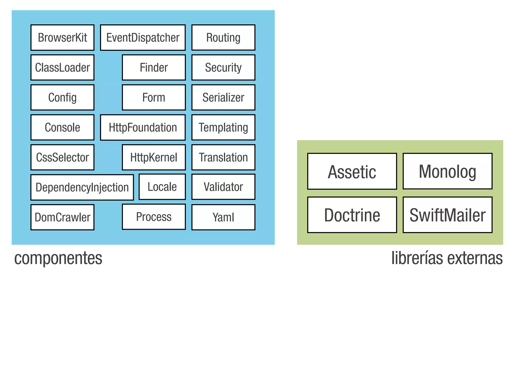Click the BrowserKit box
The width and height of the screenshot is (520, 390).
coord(62,38)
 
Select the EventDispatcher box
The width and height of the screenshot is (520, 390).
coord(143,38)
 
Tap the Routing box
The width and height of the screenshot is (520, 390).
coord(223,38)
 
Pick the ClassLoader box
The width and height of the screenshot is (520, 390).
coord(62,68)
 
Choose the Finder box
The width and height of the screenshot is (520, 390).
coord(154,68)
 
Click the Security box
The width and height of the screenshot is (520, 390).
coord(223,68)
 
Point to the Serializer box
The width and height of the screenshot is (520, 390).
coord(223,97)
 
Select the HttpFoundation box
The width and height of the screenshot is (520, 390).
coord(143,127)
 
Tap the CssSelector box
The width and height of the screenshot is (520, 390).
coord(62,157)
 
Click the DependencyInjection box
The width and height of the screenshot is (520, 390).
coord(82,187)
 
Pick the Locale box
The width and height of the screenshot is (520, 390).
coord(162,187)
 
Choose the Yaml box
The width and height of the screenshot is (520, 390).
coord(223,217)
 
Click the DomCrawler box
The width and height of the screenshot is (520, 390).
coord(62,217)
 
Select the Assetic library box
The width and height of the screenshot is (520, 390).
coord(352,171)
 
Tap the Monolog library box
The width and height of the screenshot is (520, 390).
coord(447,171)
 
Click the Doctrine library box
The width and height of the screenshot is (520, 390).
coord(352,215)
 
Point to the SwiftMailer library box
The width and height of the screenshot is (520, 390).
coord(447,215)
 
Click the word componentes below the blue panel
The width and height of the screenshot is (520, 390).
coord(58,258)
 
